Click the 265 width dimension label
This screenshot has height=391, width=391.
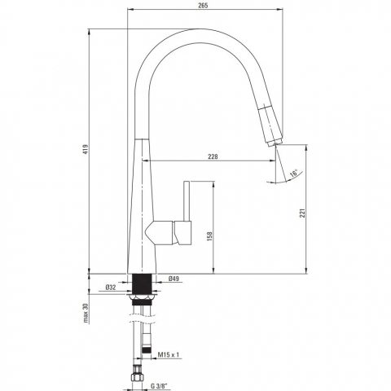click(203, 6)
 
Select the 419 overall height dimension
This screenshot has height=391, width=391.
click(86, 149)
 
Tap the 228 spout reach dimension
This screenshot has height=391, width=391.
click(213, 156)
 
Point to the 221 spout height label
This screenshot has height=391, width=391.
click(302, 213)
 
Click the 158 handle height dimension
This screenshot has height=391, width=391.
click(209, 236)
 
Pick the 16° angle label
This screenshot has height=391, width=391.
click(293, 173)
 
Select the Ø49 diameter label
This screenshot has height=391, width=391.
click(174, 279)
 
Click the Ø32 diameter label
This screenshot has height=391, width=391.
click(111, 288)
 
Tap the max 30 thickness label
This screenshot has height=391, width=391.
click(86, 313)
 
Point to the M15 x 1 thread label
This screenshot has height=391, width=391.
click(169, 354)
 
